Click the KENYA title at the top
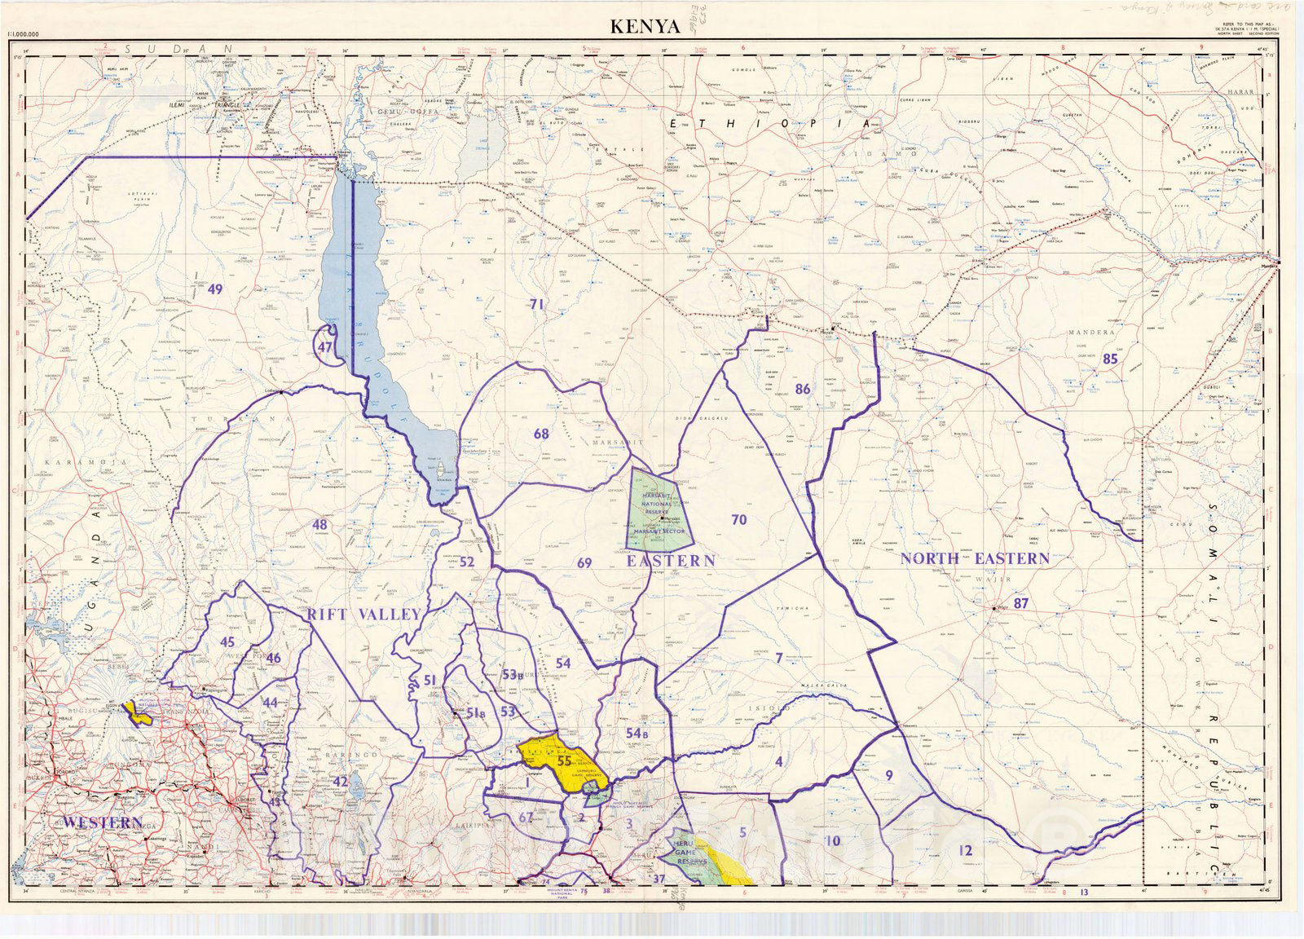pos(645,26)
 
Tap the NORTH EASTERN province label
pos(975,559)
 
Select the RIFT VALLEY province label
pos(363,615)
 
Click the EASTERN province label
pos(670,561)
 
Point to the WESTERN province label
pos(103,822)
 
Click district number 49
pos(215,289)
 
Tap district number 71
pos(536,304)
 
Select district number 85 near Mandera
pos(1110,358)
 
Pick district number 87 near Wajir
pos(1021,604)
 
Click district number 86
pos(803,389)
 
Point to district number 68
pos(541,434)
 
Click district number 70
pos(738,519)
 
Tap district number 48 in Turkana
pos(319,525)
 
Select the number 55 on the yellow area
pos(564,760)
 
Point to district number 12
pos(966,850)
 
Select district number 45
pos(227,641)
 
